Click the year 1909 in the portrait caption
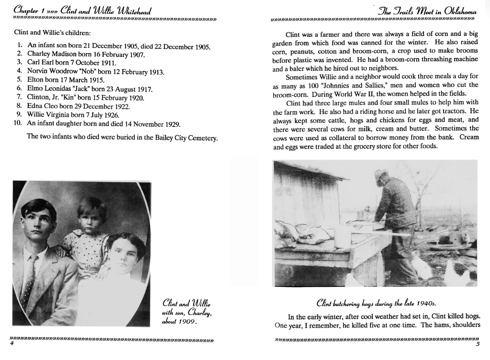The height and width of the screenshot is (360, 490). coord(188,321)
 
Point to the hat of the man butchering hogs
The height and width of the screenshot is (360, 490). coord(382,174)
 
